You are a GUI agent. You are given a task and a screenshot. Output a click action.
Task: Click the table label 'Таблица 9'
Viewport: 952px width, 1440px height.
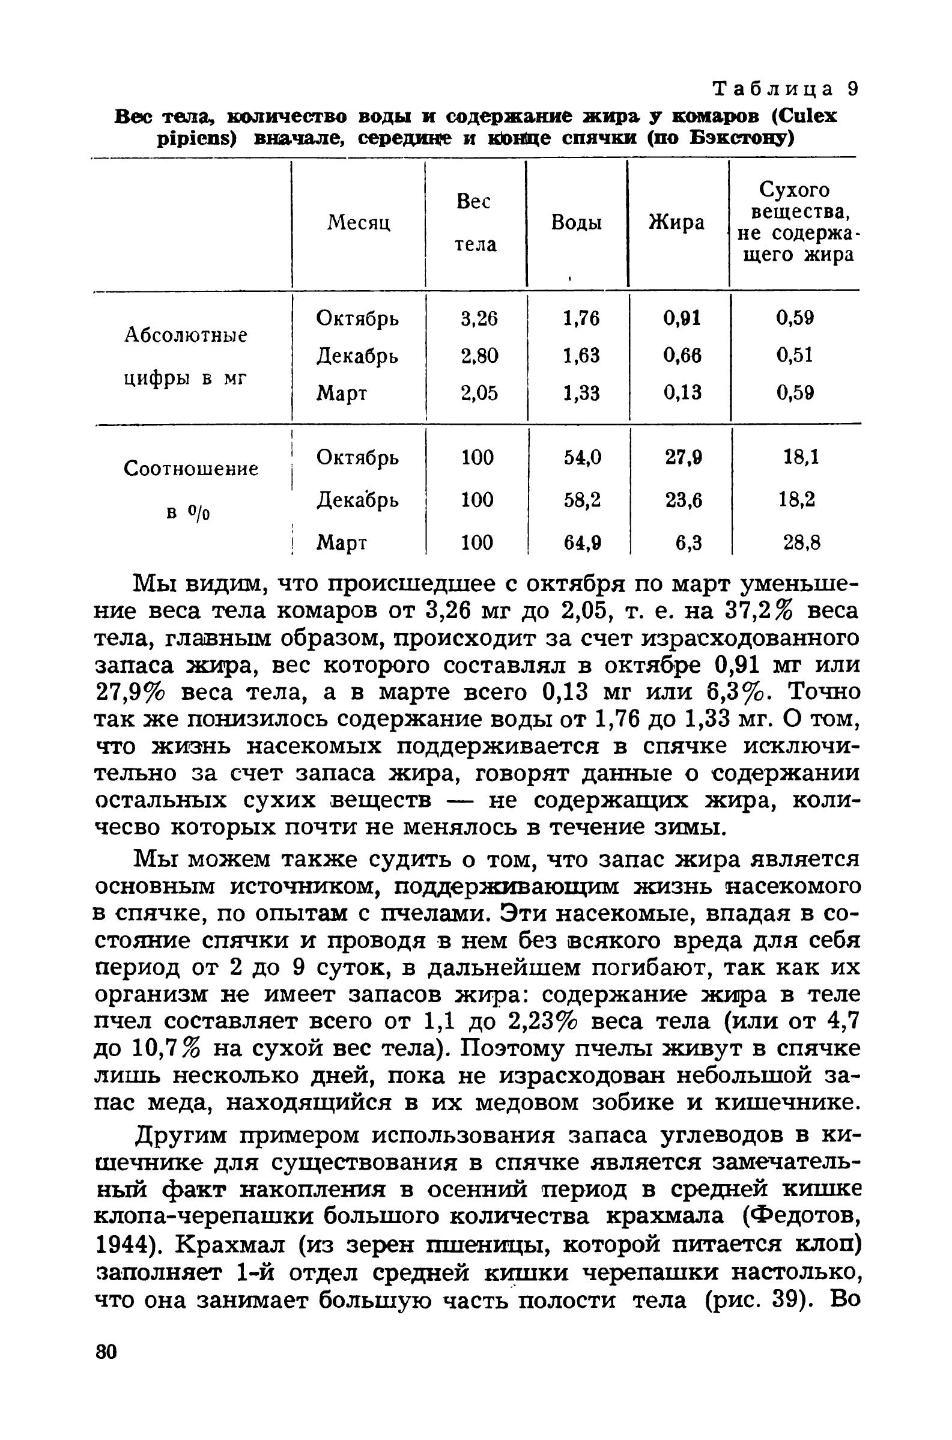pyautogui.click(x=785, y=90)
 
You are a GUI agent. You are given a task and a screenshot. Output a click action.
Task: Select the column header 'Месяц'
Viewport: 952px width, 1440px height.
pyautogui.click(x=358, y=223)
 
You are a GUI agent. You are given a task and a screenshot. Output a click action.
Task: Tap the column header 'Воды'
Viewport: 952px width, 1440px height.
pyautogui.click(x=576, y=223)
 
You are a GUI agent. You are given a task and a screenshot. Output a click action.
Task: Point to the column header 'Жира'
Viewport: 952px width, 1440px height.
pyautogui.click(x=677, y=223)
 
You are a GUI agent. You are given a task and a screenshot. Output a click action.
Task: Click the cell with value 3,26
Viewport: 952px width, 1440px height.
pyautogui.click(x=479, y=318)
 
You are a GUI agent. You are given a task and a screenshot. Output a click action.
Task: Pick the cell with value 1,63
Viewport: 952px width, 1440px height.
pyautogui.click(x=581, y=355)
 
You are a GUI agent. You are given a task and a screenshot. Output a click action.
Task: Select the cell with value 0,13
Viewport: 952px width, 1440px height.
pyautogui.click(x=682, y=393)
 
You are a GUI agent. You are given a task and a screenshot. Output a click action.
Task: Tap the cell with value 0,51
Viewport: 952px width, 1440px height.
pyautogui.click(x=795, y=355)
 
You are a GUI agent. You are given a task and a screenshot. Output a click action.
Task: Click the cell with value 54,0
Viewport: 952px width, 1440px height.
pyautogui.click(x=582, y=457)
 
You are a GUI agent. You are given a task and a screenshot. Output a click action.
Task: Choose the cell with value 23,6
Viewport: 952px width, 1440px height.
pyautogui.click(x=684, y=500)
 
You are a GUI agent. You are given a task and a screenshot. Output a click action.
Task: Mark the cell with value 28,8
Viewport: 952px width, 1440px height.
pyautogui.click(x=801, y=542)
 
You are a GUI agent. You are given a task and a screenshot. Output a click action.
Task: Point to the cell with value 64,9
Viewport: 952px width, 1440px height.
pyautogui.click(x=582, y=542)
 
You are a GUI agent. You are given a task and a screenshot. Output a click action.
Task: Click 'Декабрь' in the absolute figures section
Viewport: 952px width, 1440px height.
pyautogui.click(x=357, y=356)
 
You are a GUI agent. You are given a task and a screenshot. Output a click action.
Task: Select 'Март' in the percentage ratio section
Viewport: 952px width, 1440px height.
pyautogui.click(x=342, y=542)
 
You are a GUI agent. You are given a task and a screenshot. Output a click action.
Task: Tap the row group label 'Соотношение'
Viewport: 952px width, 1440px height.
pyautogui.click(x=190, y=469)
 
